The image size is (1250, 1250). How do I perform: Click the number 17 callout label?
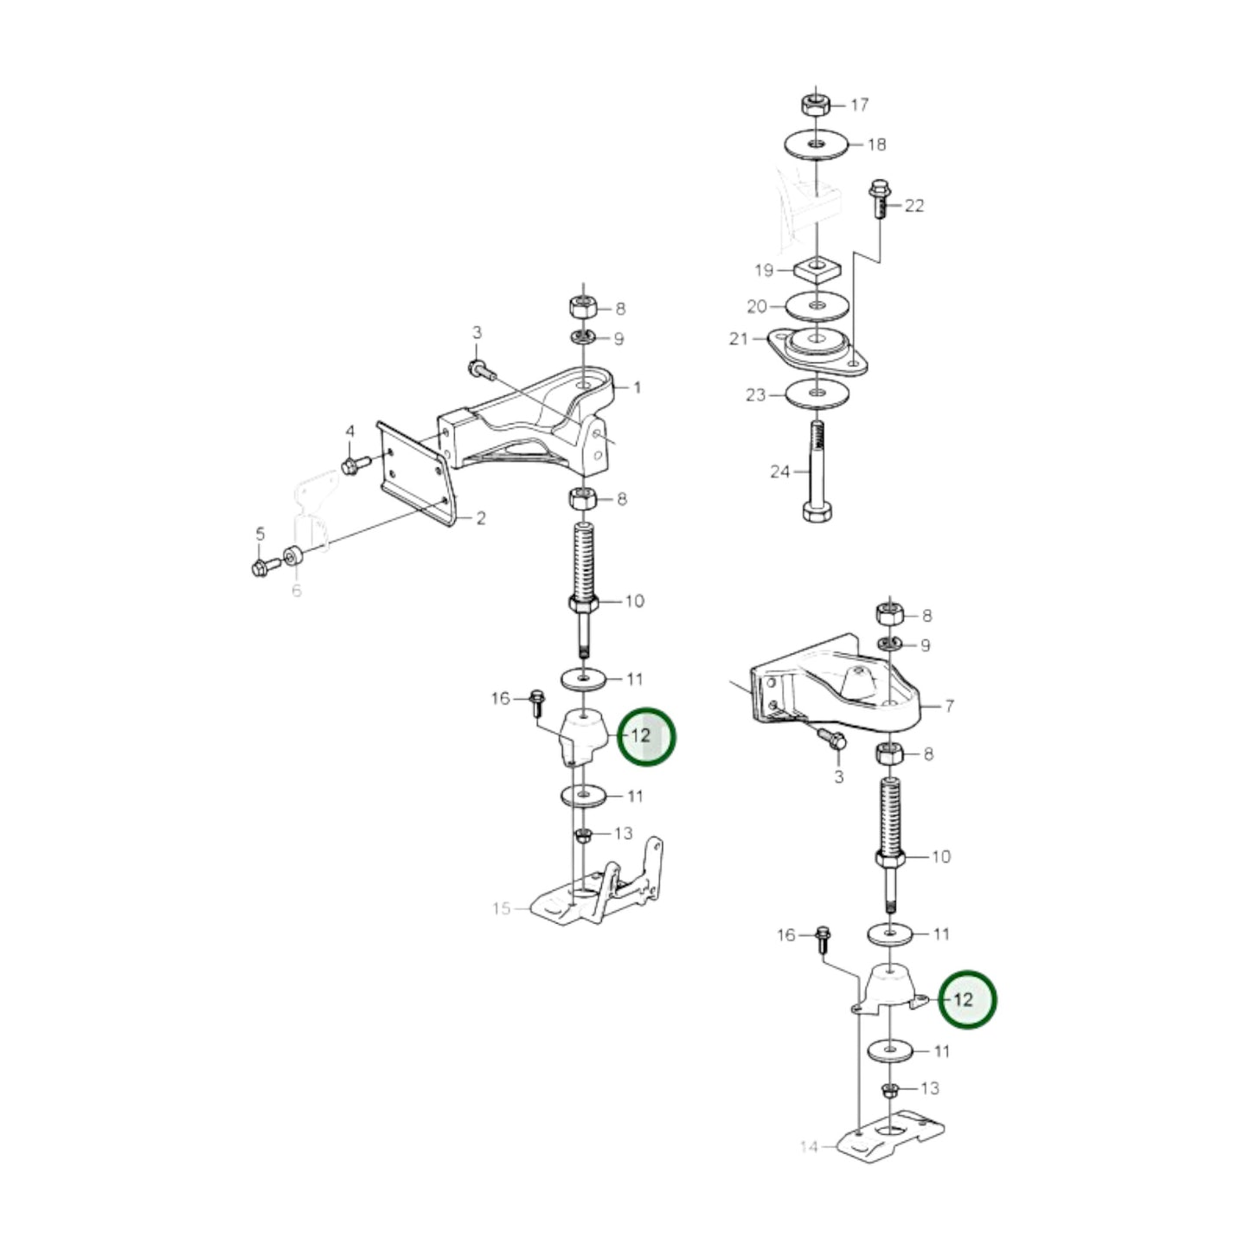click(859, 106)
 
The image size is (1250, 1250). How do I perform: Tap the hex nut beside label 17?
click(814, 105)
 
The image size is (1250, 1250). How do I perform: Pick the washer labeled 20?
click(817, 305)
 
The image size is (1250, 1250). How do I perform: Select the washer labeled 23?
click(817, 395)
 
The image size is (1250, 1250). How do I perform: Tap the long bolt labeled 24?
click(816, 471)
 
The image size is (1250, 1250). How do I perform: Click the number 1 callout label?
click(638, 388)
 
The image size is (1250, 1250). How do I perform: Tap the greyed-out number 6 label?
click(297, 592)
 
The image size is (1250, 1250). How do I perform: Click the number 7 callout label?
click(949, 707)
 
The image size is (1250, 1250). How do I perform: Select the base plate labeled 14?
click(891, 1134)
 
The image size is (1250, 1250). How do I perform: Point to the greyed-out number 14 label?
click(808, 1147)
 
